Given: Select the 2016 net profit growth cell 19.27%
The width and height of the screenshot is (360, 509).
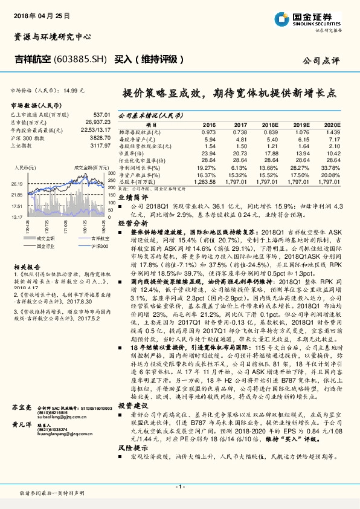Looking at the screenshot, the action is point(206,167).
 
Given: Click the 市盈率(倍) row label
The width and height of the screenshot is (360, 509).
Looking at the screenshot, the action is point(133,153).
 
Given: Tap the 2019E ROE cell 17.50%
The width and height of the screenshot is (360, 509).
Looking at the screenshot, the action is point(300,174).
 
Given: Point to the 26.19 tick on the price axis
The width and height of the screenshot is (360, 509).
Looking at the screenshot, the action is point(17,183).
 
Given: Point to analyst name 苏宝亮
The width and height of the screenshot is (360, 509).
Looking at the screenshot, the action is point(21,409).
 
